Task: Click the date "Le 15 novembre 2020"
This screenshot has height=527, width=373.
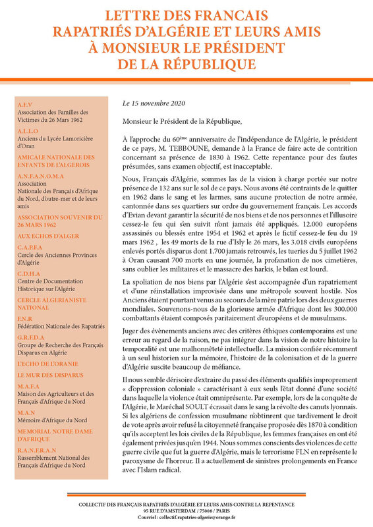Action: click(x=155, y=104)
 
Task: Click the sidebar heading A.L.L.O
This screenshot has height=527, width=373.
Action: click(x=28, y=131)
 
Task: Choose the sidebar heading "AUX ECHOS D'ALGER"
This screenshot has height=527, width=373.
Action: click(x=46, y=235)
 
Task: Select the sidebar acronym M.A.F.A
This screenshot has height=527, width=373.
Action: click(x=28, y=387)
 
